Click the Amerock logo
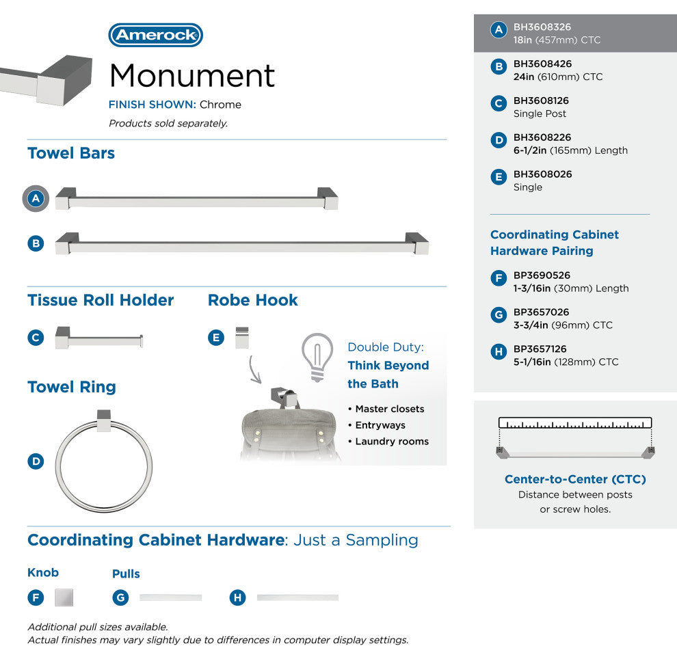click(x=156, y=35)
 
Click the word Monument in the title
click(x=192, y=75)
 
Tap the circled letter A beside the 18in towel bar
click(x=36, y=199)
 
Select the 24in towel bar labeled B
click(x=242, y=244)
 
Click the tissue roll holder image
click(x=99, y=338)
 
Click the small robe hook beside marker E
click(x=241, y=338)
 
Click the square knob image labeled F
click(x=64, y=597)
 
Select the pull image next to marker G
click(x=171, y=597)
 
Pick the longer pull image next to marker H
click(x=297, y=597)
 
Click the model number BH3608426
click(x=542, y=64)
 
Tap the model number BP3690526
click(x=542, y=275)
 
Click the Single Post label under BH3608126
click(x=540, y=113)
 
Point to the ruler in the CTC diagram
click(x=575, y=422)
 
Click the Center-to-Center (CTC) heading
click(x=575, y=479)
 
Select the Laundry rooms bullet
click(x=392, y=442)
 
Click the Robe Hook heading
click(x=253, y=300)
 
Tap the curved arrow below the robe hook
click(x=255, y=369)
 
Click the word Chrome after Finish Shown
click(x=220, y=105)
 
